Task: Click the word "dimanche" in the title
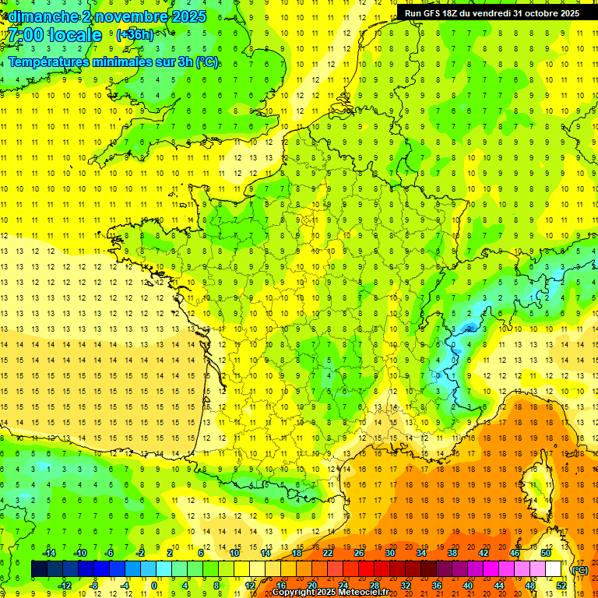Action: (40, 16)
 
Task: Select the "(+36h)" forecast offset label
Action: (135, 35)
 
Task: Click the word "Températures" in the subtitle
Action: (50, 62)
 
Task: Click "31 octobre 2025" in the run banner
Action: (545, 13)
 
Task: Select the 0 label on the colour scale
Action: (154, 585)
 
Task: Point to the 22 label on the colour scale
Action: (328, 553)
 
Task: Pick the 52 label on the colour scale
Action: (561, 585)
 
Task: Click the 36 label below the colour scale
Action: (437, 585)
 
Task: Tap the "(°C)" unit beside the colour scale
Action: (580, 569)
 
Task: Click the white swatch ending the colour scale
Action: (554, 569)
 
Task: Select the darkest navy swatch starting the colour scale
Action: (39, 569)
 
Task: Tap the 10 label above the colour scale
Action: (234, 553)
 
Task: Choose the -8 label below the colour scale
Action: (94, 585)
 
